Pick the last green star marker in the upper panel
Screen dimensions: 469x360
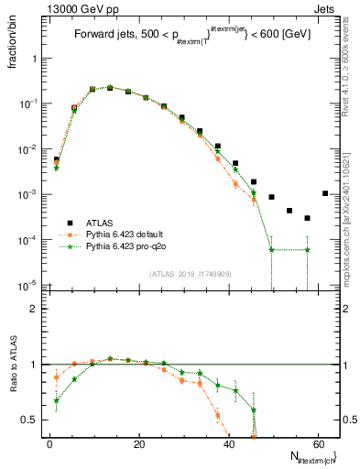307,249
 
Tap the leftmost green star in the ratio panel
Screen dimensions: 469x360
56,400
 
